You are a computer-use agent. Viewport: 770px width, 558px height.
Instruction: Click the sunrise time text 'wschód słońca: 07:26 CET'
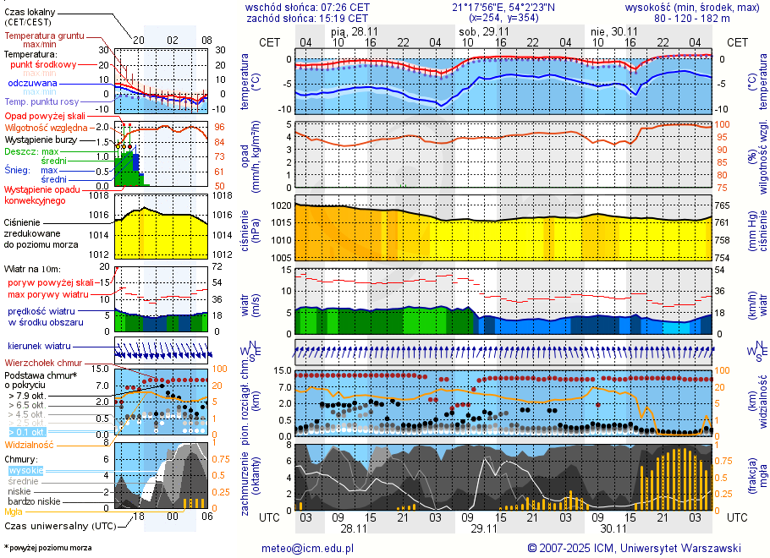[307, 7]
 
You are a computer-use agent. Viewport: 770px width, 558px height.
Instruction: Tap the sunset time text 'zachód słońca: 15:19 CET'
[307, 18]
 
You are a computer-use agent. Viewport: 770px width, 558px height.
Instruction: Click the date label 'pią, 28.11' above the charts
[355, 30]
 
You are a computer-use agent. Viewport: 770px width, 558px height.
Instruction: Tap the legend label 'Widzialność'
[29, 444]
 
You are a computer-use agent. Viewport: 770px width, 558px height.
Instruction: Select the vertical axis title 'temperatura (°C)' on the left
[245, 83]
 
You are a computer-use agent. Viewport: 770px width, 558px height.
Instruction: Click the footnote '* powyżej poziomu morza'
[47, 548]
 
